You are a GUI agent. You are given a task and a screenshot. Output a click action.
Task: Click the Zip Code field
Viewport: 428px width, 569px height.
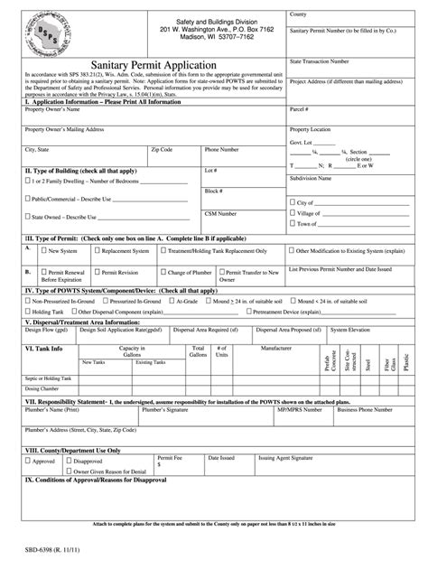(x=175, y=158)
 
